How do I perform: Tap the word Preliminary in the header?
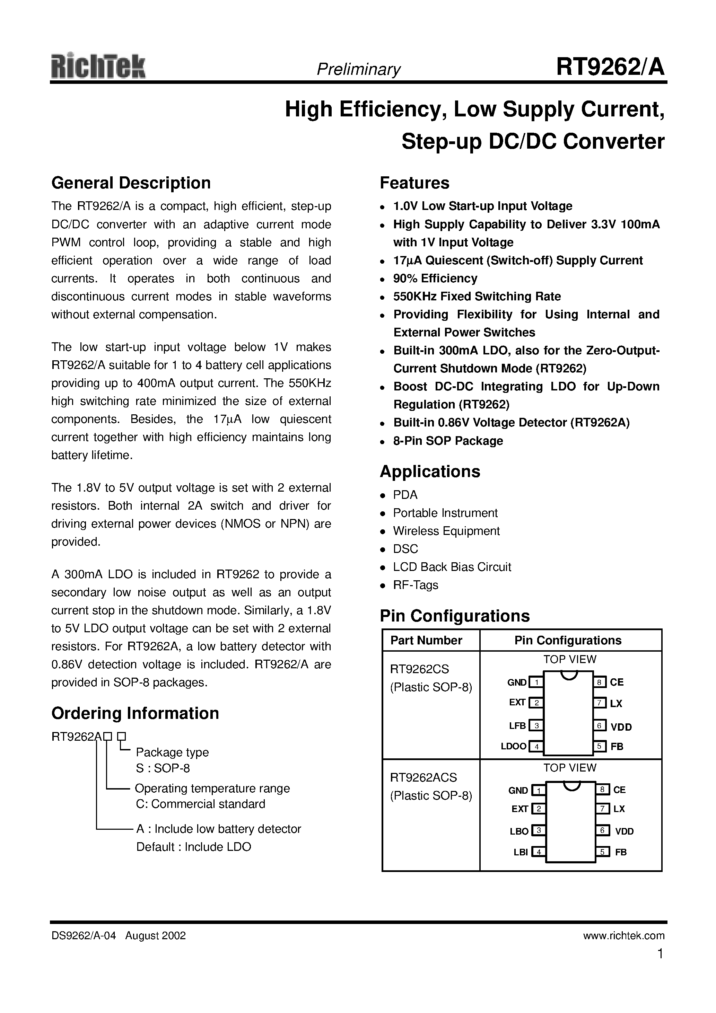pyautogui.click(x=358, y=69)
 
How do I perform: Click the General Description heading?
pyautogui.click(x=131, y=183)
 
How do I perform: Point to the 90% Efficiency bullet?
pyautogui.click(x=435, y=279)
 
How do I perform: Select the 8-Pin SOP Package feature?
pyautogui.click(x=448, y=441)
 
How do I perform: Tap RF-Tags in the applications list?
pyautogui.click(x=416, y=585)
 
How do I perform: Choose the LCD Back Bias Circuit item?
pyautogui.click(x=452, y=567)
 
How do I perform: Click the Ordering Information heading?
pyautogui.click(x=135, y=713)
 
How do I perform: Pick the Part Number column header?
pyautogui.click(x=426, y=640)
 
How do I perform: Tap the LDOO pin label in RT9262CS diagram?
pyautogui.click(x=513, y=746)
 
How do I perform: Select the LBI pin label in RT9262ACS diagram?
pyautogui.click(x=521, y=852)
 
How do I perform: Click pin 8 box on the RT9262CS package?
pyautogui.click(x=599, y=682)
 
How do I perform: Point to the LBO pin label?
pyautogui.click(x=519, y=831)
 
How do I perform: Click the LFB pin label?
pyautogui.click(x=517, y=725)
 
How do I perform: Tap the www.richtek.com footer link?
pyautogui.click(x=623, y=936)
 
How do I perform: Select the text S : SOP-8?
pyautogui.click(x=163, y=768)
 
